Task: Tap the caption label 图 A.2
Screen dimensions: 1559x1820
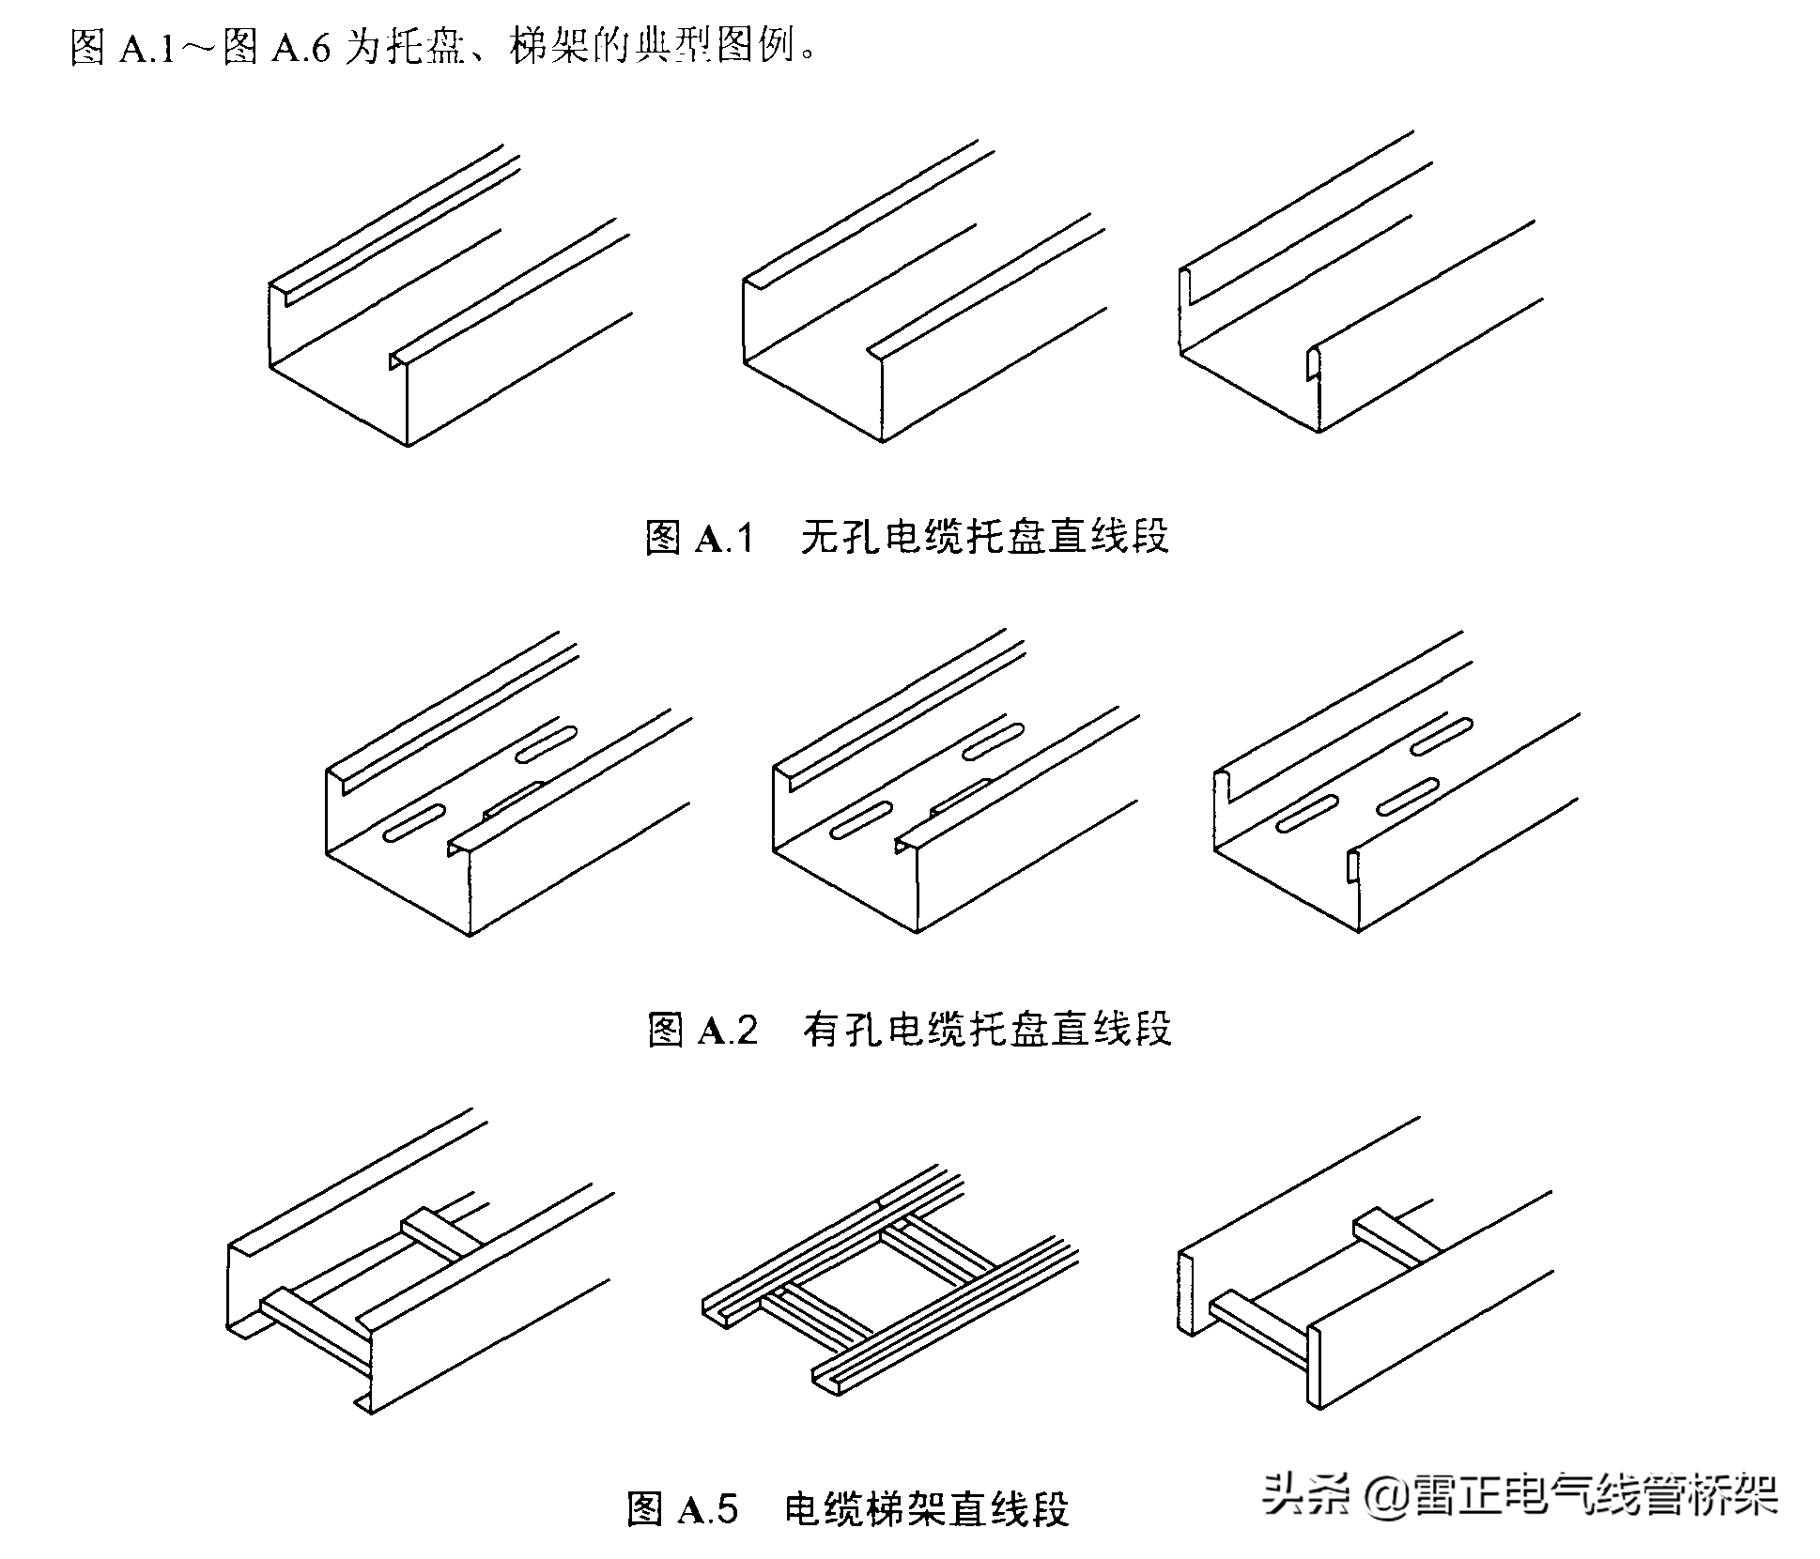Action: [x=702, y=1031]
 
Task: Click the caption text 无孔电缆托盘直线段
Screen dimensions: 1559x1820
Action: [x=984, y=538]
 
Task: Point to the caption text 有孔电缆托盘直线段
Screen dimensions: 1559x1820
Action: [x=987, y=1031]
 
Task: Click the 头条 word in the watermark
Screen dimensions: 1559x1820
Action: [x=1304, y=1492]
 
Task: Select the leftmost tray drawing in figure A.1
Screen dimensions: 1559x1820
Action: [x=441, y=310]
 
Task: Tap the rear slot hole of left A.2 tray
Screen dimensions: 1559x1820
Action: [x=547, y=741]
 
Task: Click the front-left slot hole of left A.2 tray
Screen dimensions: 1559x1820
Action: [x=414, y=820]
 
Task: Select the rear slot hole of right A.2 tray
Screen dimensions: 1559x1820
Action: [x=1441, y=737]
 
